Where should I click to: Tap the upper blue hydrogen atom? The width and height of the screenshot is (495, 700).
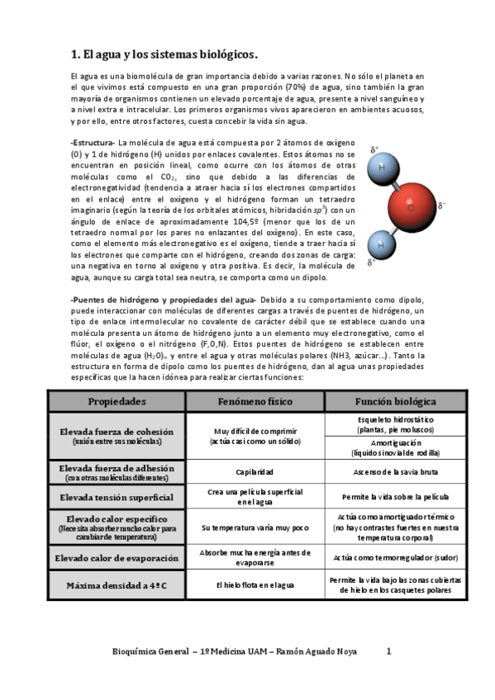381,166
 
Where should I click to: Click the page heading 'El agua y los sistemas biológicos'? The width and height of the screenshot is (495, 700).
165,55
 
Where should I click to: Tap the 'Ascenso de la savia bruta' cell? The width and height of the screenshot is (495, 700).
395,472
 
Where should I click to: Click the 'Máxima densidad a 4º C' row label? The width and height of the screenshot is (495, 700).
117,585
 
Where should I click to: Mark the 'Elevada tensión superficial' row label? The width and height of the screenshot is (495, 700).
117,498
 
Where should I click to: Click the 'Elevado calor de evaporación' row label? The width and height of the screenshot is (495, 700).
117,558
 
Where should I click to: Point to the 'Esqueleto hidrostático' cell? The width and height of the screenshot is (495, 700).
395,424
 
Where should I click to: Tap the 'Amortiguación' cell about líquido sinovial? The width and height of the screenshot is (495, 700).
395,447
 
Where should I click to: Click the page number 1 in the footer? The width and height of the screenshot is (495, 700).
389,651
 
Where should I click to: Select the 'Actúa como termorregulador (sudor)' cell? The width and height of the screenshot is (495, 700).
395,558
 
